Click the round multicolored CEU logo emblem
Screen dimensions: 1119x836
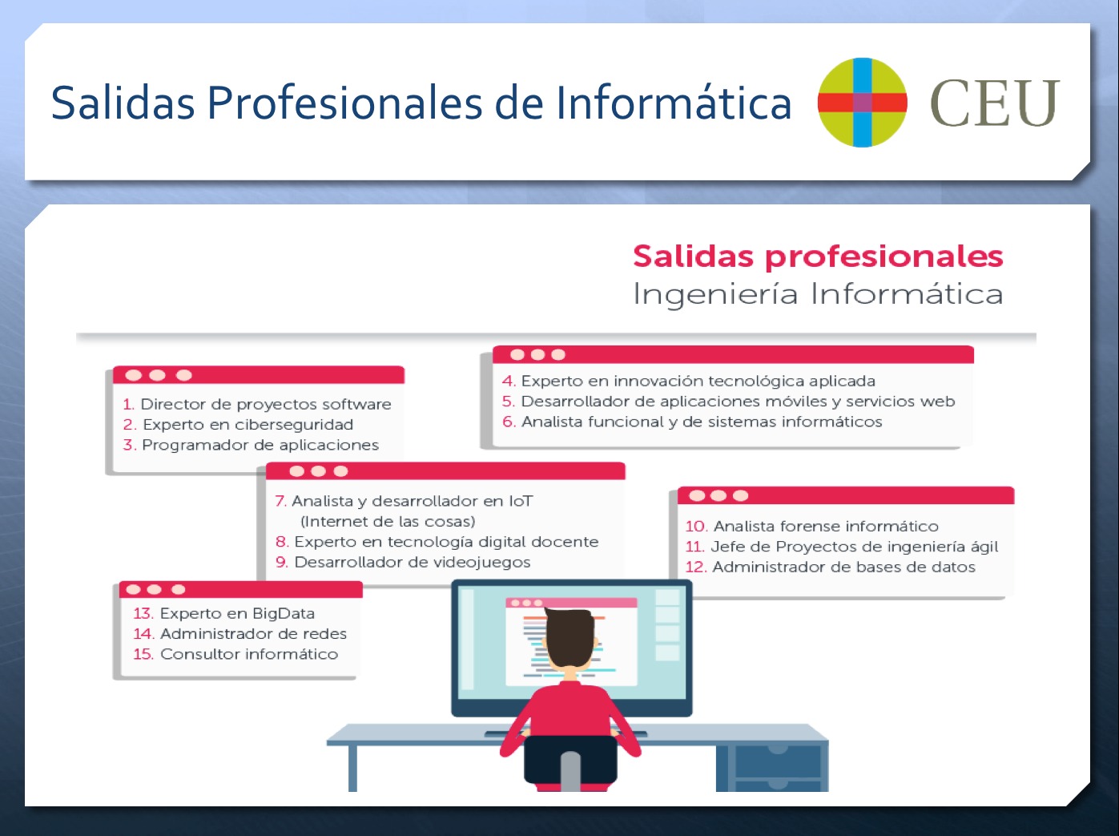[x=862, y=103]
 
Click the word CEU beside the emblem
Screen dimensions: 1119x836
[x=995, y=103]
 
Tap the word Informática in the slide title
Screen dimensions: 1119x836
[x=674, y=103]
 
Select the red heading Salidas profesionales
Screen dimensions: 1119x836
[x=818, y=256]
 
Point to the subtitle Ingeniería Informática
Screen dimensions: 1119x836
[x=818, y=294]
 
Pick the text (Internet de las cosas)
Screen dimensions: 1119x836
[x=388, y=521]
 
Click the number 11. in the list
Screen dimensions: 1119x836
[x=694, y=547]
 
